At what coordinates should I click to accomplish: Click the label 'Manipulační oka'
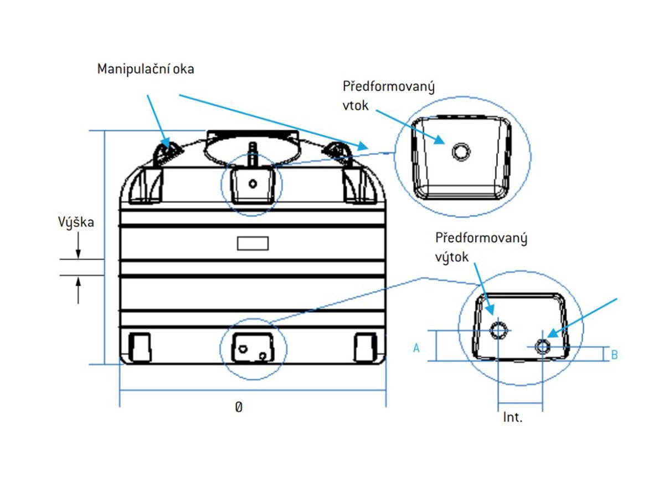146,69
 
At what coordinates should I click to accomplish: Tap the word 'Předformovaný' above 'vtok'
388,87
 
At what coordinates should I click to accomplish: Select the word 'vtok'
355,105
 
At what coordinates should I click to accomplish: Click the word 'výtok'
452,257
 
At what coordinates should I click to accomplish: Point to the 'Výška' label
76,222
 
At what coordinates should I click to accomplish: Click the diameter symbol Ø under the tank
239,408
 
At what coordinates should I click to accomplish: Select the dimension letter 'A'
417,348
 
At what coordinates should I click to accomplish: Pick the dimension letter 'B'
614,354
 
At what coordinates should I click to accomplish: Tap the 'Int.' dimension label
512,417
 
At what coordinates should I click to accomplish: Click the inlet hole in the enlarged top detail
461,151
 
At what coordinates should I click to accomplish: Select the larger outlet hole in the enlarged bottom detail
498,331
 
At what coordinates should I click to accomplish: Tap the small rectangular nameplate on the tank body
253,243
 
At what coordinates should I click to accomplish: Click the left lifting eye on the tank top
164,150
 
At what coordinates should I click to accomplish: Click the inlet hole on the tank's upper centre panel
253,184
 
